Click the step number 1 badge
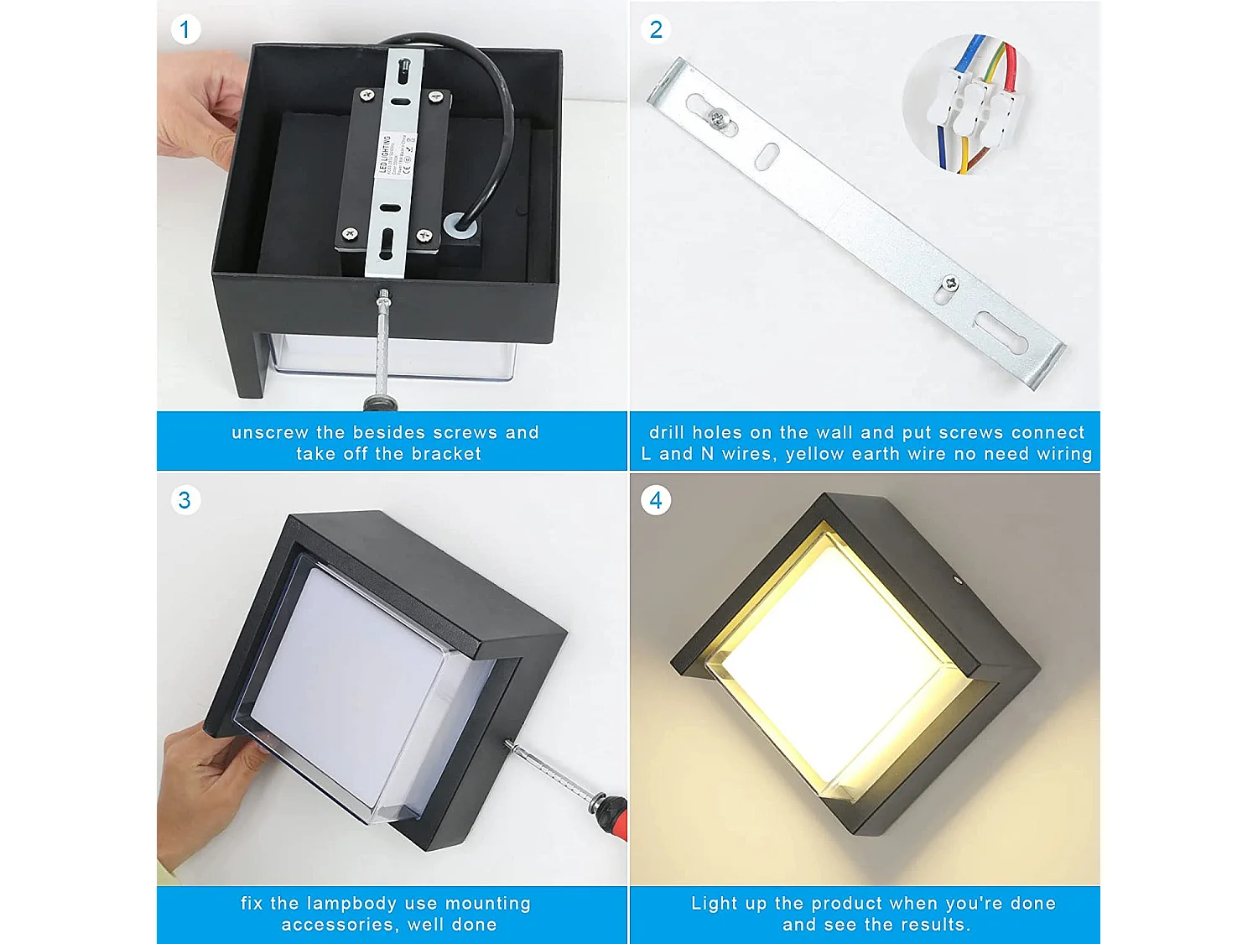185,30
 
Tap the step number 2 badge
656,30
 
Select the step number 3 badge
185,501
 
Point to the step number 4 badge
656,501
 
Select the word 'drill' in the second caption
667,433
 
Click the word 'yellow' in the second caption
815,454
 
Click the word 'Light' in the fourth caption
715,904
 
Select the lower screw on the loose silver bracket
949,284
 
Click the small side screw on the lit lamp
958,578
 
